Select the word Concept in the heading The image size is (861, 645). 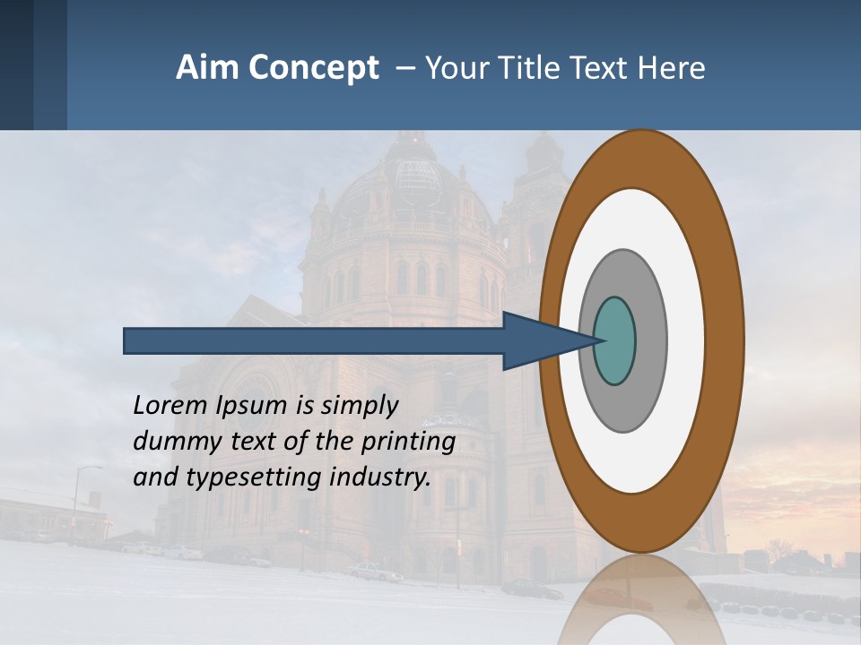click(x=315, y=68)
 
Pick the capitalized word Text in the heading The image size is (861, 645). click(x=611, y=68)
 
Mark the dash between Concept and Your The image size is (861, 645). click(x=404, y=68)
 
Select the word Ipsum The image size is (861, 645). click(x=252, y=406)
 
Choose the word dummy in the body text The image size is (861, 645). click(x=169, y=442)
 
